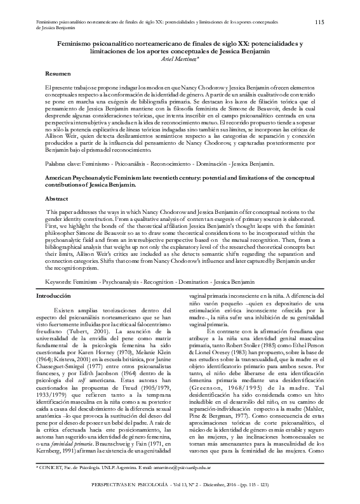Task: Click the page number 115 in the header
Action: click(x=319, y=22)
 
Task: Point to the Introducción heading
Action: click(x=54, y=296)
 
